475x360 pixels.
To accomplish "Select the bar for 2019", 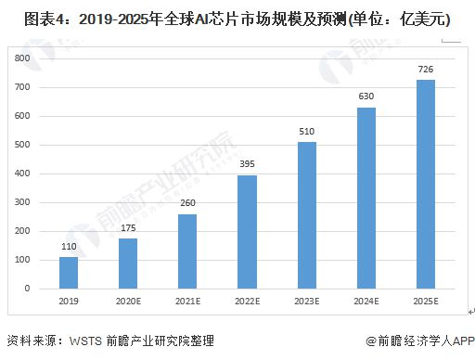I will [69, 272].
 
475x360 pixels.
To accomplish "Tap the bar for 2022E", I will [246, 231].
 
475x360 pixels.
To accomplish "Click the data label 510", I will [306, 132].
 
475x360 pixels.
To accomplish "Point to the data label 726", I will [425, 70].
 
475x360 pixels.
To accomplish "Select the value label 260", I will [186, 203].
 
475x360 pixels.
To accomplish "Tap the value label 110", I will [69, 247].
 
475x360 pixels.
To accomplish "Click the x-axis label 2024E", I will [366, 302].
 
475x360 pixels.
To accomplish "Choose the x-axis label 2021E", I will [186, 302].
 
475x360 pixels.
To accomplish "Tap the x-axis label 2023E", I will [306, 302].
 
